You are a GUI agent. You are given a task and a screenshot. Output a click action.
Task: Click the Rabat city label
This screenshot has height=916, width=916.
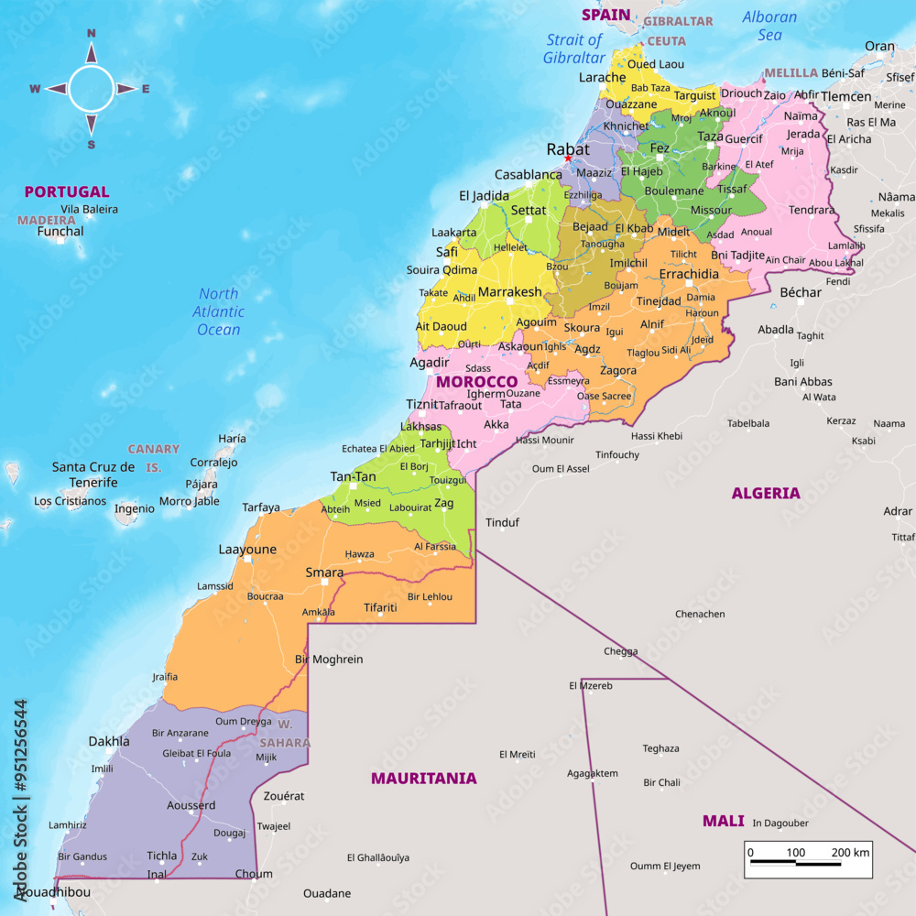[x=568, y=148]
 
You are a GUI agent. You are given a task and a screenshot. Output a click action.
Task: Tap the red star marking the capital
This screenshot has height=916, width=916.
[x=568, y=159]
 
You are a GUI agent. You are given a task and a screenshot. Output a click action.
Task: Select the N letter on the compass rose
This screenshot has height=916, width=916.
[x=91, y=34]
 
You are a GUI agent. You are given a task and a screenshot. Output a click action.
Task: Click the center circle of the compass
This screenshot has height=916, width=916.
[x=91, y=89]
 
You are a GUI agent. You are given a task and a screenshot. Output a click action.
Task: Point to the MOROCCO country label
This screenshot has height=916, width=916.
[x=476, y=381]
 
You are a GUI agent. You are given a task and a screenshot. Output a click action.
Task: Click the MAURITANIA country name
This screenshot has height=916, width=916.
[x=423, y=779]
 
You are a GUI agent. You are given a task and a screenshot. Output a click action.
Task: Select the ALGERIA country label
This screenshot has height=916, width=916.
[x=766, y=493]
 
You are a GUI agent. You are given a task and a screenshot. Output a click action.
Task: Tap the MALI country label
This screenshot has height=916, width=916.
[x=723, y=821]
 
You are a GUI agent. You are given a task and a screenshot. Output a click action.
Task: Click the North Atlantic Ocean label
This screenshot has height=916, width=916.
[x=218, y=311]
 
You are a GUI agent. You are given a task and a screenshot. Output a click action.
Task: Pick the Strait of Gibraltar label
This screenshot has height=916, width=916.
[x=574, y=49]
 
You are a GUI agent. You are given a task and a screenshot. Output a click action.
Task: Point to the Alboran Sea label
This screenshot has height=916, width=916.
[x=769, y=26]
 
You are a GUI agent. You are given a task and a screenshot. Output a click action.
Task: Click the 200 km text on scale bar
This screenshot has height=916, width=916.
[x=850, y=853]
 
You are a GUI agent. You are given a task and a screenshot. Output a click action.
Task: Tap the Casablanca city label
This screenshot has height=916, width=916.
[x=529, y=174]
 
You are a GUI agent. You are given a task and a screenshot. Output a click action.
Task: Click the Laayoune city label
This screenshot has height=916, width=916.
[x=247, y=550]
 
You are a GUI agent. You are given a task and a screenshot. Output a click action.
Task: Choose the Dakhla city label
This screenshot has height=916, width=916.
[x=109, y=741]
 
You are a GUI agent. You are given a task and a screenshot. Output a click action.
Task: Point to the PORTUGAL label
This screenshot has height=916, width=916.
[x=67, y=192]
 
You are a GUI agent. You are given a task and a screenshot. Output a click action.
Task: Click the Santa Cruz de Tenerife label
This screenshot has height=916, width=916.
[x=93, y=474]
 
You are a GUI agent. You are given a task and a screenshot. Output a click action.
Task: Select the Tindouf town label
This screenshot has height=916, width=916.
[x=502, y=522]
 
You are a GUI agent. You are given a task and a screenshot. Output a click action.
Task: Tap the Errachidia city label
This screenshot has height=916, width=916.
[x=689, y=274]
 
